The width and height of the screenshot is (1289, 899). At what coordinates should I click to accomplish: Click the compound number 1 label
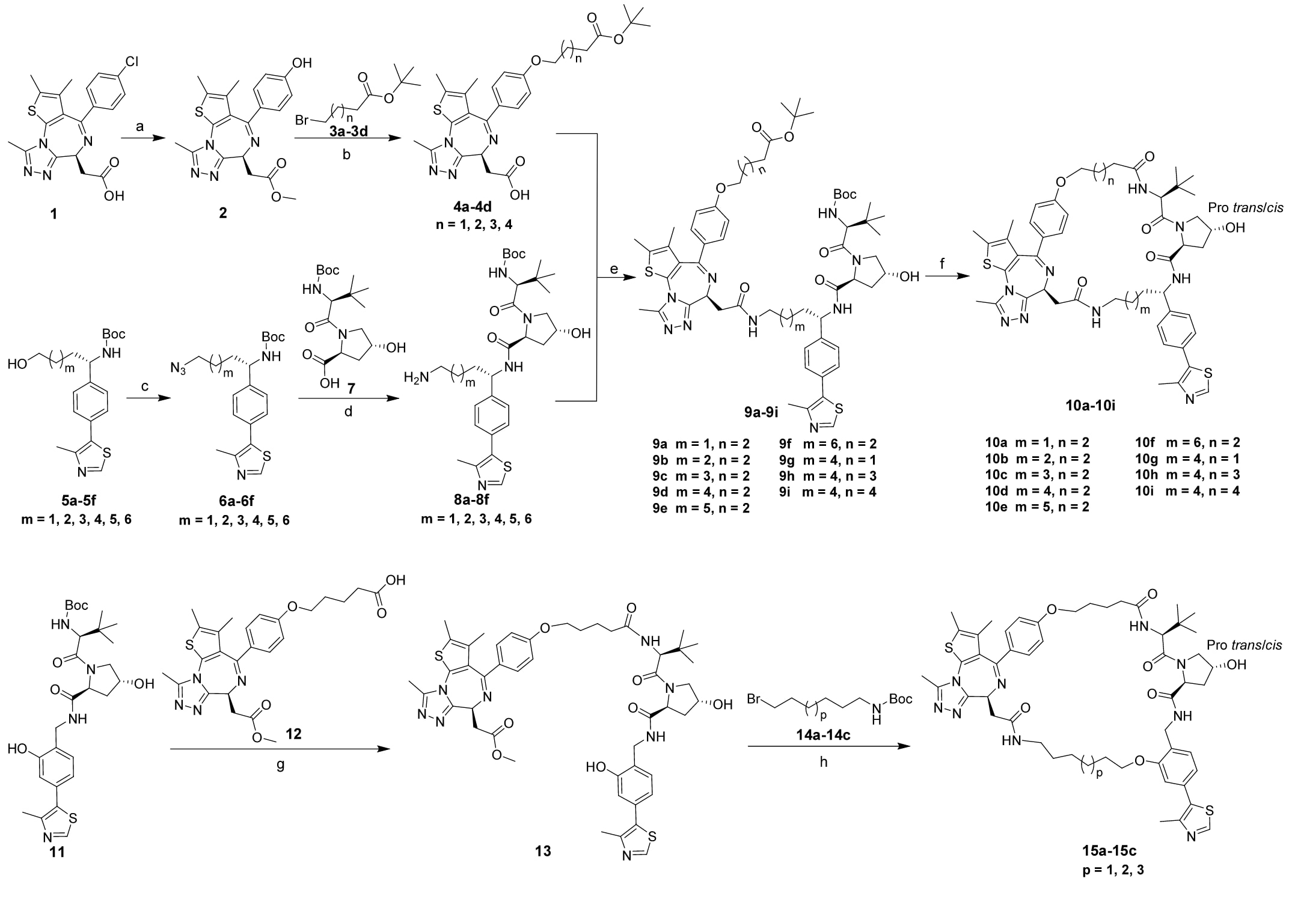(54, 213)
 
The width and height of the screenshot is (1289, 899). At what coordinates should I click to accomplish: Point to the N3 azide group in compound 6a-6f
(179, 368)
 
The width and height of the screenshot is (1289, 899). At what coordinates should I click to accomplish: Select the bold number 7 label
(350, 388)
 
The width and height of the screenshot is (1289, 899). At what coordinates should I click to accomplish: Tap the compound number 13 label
(543, 851)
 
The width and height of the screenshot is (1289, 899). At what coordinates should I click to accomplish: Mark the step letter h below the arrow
(824, 762)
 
